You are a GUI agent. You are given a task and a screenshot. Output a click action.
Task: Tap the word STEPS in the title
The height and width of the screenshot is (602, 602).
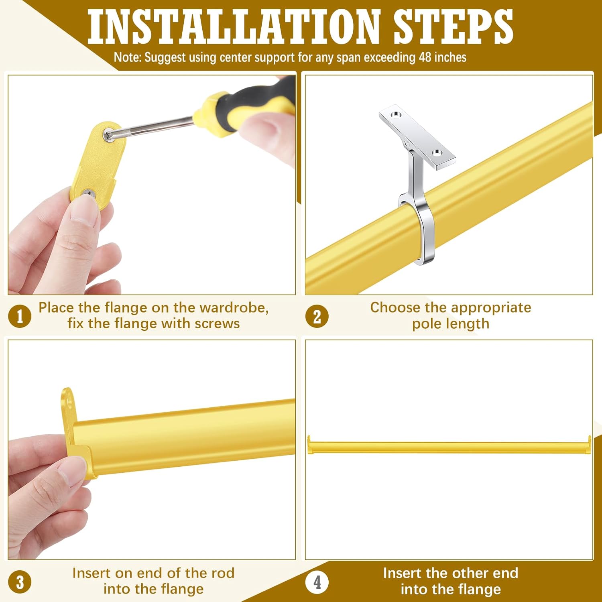(454, 26)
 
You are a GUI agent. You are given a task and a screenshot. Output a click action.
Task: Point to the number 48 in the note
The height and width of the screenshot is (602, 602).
(425, 57)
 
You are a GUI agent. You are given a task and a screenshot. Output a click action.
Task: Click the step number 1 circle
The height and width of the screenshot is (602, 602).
(20, 316)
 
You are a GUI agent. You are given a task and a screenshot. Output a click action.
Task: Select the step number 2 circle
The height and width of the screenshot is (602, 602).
(317, 316)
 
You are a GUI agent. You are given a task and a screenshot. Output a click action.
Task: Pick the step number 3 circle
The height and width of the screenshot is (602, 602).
(20, 582)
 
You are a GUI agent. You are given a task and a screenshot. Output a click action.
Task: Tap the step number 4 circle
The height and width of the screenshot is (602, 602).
(317, 582)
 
